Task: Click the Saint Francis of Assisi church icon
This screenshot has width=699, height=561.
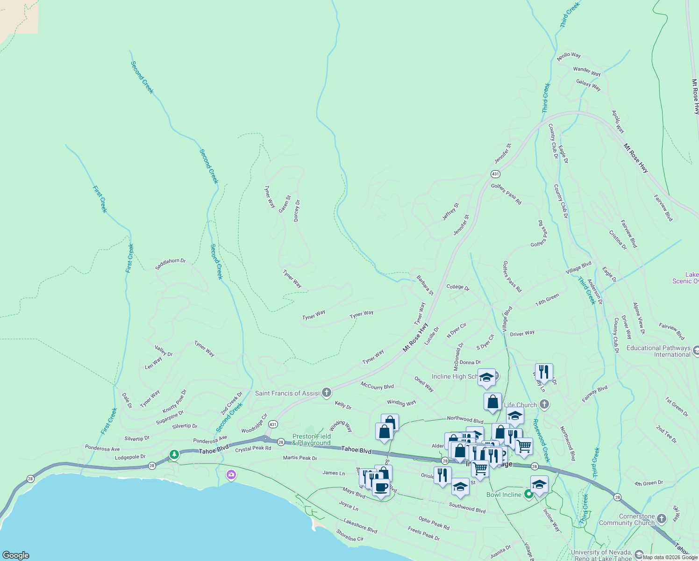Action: click(327, 392)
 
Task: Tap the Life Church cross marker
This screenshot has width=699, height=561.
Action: click(544, 404)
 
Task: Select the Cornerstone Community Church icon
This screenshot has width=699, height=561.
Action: click(661, 518)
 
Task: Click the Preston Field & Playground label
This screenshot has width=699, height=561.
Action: click(312, 439)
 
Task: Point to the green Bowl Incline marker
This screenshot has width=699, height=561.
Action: click(528, 494)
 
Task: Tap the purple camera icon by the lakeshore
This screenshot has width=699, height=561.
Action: click(231, 475)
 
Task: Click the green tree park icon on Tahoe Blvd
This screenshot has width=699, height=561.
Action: click(174, 454)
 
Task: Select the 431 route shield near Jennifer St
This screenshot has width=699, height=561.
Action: click(495, 174)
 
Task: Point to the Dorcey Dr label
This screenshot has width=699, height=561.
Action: click(297, 211)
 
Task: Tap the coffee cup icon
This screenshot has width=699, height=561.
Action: click(381, 488)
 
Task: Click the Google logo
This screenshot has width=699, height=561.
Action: click(16, 555)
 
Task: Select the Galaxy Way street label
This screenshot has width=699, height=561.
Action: click(588, 85)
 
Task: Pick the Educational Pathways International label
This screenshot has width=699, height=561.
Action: click(658, 351)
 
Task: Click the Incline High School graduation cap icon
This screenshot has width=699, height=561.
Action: click(486, 377)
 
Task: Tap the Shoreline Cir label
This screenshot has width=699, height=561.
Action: click(349, 536)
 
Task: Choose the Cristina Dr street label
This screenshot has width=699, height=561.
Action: click(618, 240)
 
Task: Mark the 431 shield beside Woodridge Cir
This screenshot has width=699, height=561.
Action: click(273, 424)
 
